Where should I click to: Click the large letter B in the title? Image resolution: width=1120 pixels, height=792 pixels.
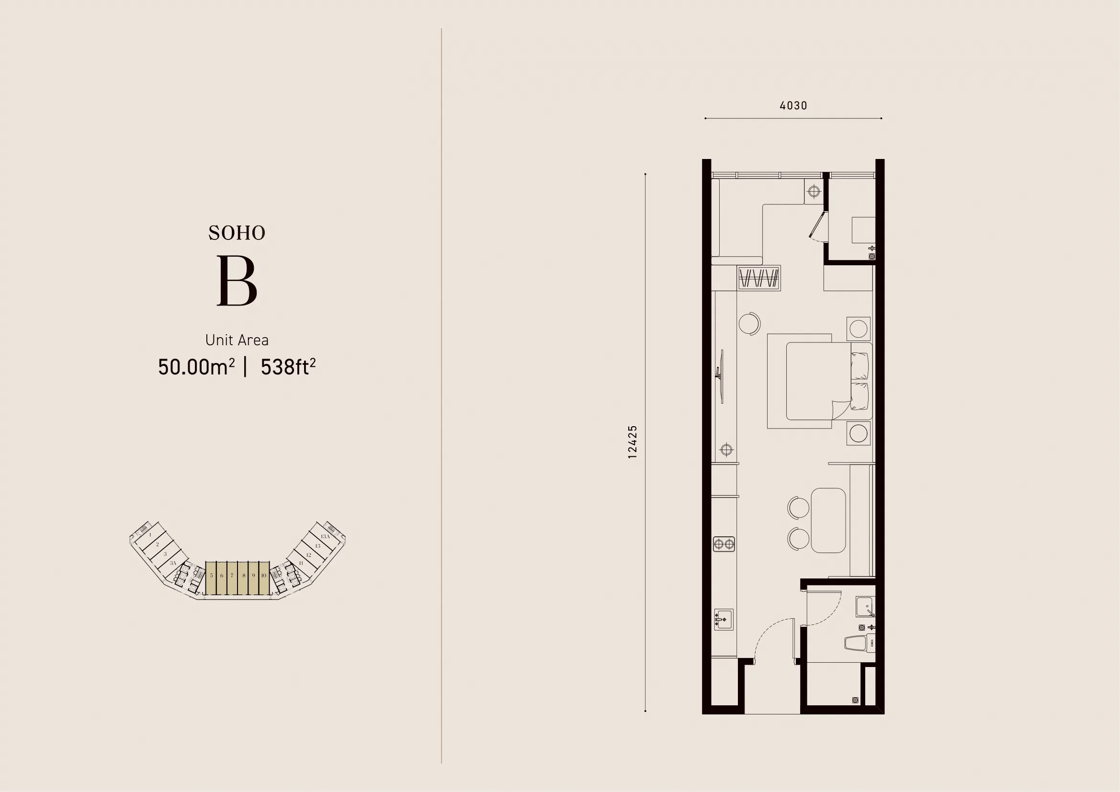point(237,282)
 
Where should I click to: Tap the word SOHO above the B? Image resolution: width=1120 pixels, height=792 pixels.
point(237,233)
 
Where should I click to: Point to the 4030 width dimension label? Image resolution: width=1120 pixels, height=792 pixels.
point(793,105)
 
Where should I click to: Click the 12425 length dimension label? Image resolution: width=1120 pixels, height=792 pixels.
point(633,442)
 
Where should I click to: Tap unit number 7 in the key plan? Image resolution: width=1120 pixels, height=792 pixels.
point(232,576)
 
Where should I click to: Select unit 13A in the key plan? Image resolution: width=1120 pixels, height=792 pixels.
point(325,536)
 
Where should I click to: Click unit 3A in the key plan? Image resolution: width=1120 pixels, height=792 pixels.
point(173,563)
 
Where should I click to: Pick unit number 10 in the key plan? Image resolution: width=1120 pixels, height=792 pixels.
point(263,576)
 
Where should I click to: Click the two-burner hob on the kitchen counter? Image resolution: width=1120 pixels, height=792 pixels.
point(724,544)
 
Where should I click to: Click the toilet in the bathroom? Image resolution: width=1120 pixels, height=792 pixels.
point(859,643)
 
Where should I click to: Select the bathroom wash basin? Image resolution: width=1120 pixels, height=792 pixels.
point(865,607)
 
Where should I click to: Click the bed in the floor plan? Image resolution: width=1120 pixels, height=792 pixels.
point(819,381)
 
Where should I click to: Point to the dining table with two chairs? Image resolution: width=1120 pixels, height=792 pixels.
point(828,520)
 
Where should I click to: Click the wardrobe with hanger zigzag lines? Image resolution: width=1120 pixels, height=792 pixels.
point(758,279)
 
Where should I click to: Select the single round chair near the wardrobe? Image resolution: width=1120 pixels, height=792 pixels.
point(749,323)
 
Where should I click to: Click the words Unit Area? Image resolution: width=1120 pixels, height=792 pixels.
point(237,340)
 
